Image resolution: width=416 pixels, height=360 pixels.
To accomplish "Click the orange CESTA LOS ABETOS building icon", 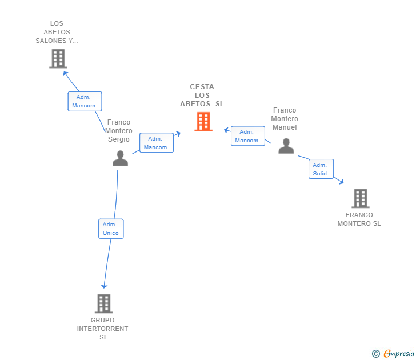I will click(203, 122).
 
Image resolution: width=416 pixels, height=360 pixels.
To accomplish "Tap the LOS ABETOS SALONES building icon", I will click(58, 58).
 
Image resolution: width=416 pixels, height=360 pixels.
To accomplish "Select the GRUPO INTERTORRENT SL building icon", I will click(103, 303).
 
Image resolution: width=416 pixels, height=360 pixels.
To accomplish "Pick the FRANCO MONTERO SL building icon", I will click(360, 198).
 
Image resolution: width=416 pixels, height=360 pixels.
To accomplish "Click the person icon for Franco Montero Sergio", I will click(120, 158).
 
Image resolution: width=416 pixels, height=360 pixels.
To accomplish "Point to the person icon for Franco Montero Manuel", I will click(286, 146).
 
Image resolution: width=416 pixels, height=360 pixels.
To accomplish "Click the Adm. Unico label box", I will click(111, 229).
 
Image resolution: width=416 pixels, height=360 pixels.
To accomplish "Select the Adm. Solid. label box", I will click(321, 169).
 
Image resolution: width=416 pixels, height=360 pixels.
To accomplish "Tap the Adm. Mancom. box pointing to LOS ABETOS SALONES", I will click(85, 101).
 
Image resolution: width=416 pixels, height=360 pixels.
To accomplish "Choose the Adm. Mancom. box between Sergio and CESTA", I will click(156, 143).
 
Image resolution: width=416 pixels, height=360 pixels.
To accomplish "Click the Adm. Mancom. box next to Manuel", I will click(247, 136).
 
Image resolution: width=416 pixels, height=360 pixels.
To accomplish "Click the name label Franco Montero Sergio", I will click(119, 131).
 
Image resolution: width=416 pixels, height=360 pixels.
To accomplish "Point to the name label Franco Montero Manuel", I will click(285, 119).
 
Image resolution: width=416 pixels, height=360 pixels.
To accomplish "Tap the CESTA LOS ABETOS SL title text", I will click(202, 95).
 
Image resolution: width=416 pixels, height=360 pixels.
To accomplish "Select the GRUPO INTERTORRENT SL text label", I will click(103, 329).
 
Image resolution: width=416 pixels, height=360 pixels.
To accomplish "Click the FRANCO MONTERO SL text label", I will click(359, 219).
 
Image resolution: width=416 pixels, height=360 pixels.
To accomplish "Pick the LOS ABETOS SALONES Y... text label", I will click(57, 33).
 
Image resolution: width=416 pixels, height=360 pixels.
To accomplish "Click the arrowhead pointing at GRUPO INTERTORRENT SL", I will click(104, 286).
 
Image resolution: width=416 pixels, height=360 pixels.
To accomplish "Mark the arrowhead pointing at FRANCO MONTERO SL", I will click(341, 182).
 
